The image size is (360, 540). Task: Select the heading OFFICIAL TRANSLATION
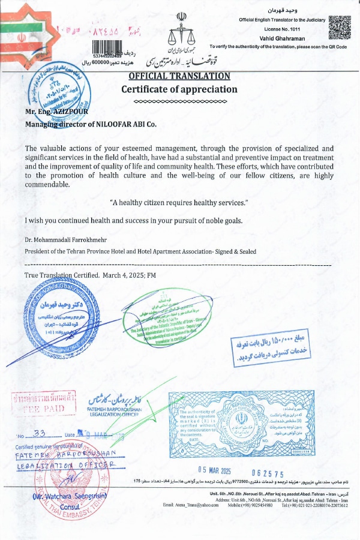coord(179,76)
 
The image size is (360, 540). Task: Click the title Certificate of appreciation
coord(179,89)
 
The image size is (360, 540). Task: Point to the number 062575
coord(268,474)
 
